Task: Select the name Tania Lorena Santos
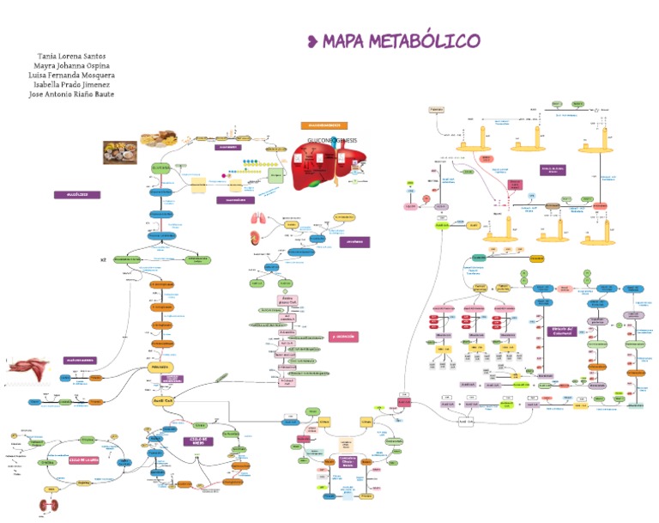(72, 56)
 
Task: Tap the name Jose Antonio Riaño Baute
(71, 94)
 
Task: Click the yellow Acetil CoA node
(163, 399)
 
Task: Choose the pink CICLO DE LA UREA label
(84, 459)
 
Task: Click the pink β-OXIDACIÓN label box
(344, 337)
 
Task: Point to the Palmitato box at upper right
(437, 110)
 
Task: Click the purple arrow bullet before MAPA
(313, 40)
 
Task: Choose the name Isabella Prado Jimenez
(72, 85)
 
